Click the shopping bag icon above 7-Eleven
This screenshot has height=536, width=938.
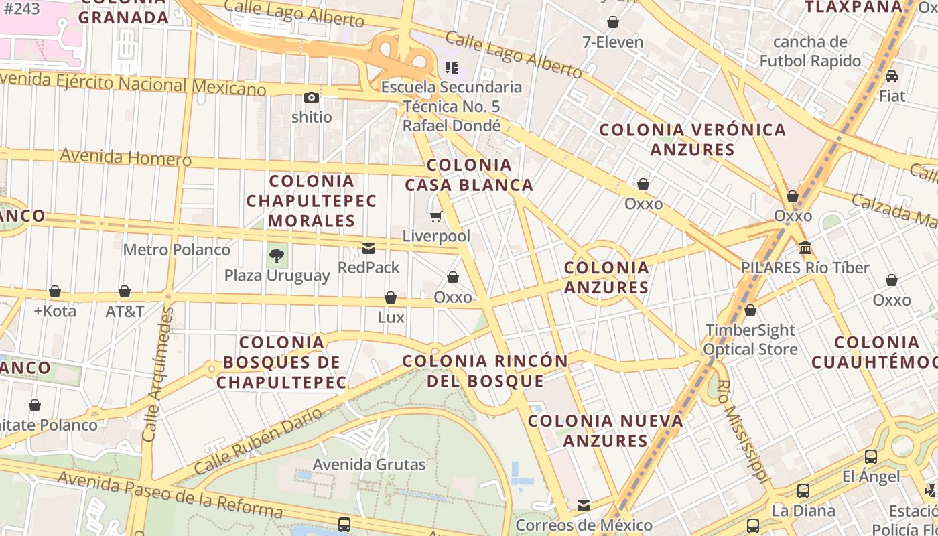[x=612, y=22]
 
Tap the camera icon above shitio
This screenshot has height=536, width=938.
[x=311, y=98]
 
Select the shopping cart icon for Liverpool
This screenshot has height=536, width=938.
[x=436, y=216]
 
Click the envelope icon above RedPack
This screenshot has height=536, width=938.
[x=368, y=249]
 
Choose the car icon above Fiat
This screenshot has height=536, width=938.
[x=892, y=76]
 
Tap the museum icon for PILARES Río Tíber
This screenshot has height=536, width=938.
[x=805, y=248]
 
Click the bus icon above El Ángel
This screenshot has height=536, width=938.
[x=870, y=457]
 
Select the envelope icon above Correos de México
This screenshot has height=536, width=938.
[x=584, y=505]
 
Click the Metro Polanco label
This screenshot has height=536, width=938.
[x=177, y=250]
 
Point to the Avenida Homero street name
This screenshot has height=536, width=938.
[x=126, y=158]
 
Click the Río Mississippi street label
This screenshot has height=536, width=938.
[x=743, y=431]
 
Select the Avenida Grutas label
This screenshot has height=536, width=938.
[x=369, y=464]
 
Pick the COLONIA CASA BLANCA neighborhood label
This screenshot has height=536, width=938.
[x=469, y=175]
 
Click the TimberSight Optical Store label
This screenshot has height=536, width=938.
[x=750, y=340]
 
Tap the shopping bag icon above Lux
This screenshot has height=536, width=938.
[x=391, y=297]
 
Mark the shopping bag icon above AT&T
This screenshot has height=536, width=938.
[x=125, y=291]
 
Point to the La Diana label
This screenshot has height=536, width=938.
[x=803, y=511]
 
